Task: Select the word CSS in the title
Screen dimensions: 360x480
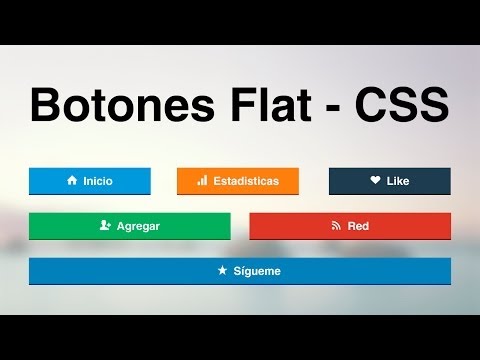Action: tap(400, 105)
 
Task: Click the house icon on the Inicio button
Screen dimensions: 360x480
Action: tap(72, 181)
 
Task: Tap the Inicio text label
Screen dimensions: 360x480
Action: tap(98, 181)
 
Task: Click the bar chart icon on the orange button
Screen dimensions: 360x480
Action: tap(202, 181)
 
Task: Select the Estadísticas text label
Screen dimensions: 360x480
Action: tap(246, 181)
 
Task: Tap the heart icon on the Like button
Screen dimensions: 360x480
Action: tap(375, 181)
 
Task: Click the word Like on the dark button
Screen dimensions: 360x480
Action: tap(398, 181)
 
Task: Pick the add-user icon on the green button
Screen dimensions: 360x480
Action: tap(105, 226)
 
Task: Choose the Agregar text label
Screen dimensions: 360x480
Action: tap(138, 226)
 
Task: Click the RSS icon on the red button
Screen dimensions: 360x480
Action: tap(336, 226)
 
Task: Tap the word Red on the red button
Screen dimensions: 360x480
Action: tap(358, 226)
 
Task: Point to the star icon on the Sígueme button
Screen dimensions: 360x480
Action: tap(222, 271)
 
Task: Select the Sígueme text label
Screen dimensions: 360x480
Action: tap(257, 271)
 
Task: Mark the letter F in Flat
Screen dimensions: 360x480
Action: tap(237, 105)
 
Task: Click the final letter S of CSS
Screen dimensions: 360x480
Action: tap(434, 105)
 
